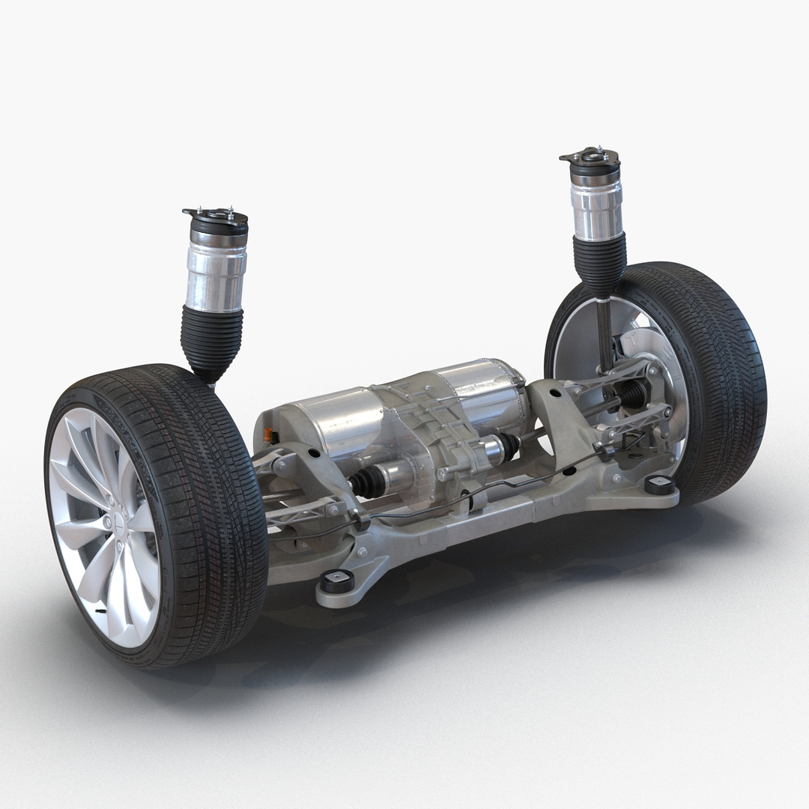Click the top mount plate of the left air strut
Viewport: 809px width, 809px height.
coord(215,216)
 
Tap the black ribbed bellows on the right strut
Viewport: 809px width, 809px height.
coord(599,262)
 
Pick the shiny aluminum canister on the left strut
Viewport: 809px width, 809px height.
coord(216,273)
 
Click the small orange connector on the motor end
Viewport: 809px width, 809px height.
coord(267,435)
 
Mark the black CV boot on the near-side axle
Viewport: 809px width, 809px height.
coord(367,482)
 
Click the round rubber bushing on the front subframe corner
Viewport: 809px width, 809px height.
coord(339,581)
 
